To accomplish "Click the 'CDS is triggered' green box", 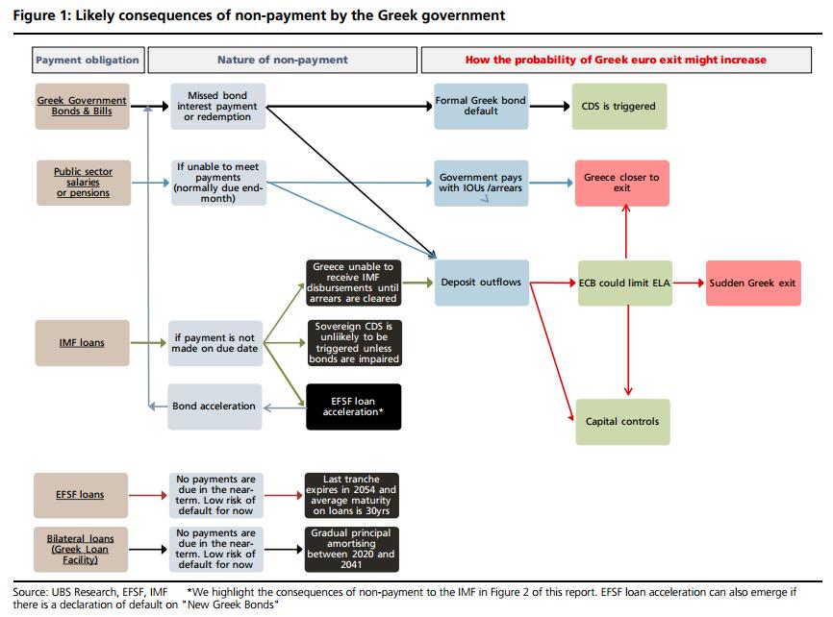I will click(618, 107).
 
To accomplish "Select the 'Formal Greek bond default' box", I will click(481, 106).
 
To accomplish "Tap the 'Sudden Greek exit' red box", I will click(753, 284).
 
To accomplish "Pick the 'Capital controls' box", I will click(622, 422).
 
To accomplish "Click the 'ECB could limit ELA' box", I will click(624, 284).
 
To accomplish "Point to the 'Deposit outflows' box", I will click(481, 283).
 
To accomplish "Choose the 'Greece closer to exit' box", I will click(621, 183).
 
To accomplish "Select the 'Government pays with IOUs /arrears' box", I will click(481, 183).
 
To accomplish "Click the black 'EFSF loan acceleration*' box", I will click(353, 406).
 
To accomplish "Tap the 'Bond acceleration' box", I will click(215, 406).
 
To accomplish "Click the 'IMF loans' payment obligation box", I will click(82, 343).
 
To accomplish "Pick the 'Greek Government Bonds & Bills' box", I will click(82, 106).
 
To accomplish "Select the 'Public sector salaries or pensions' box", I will click(82, 183).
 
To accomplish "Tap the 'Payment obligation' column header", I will click(87, 60).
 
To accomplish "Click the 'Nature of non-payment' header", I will click(283, 60).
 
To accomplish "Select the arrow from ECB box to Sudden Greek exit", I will click(689, 284).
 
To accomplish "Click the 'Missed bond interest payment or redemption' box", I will click(216, 106).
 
